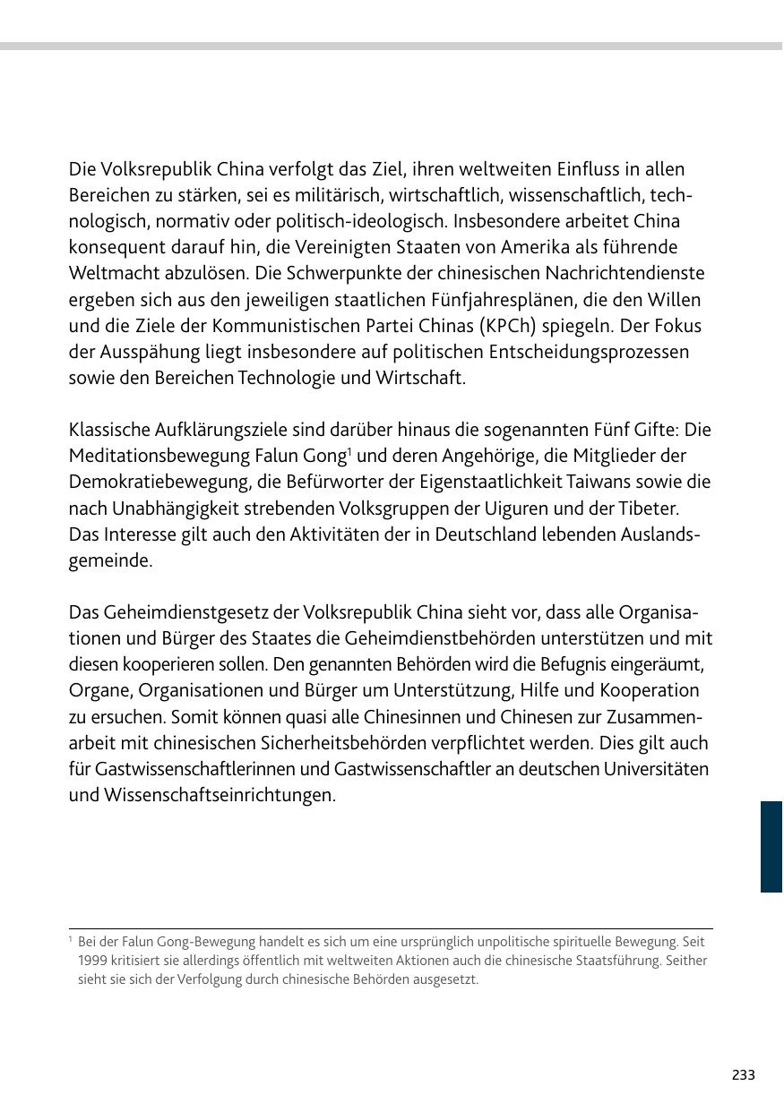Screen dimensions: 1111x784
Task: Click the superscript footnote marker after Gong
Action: pyautogui.click(x=349, y=450)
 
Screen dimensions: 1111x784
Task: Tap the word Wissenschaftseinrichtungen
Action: pyautogui.click(x=202, y=796)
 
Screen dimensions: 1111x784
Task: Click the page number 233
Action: pyautogui.click(x=743, y=1075)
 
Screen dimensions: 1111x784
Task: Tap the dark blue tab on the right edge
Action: pyautogui.click(x=771, y=847)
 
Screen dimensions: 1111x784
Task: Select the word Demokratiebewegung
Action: pyautogui.click(x=159, y=482)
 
